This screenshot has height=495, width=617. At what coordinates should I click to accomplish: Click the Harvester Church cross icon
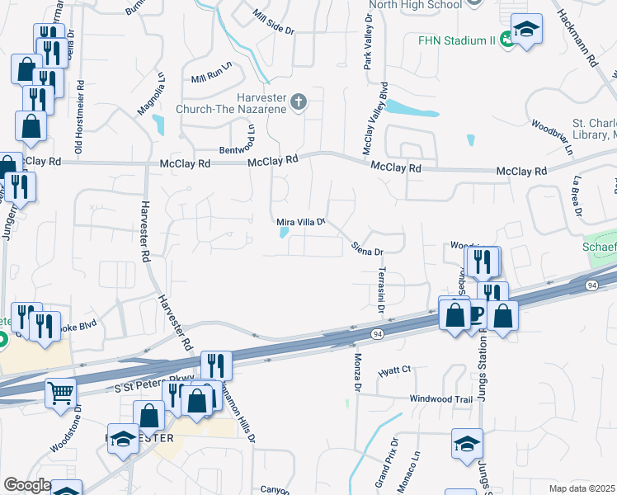(x=299, y=101)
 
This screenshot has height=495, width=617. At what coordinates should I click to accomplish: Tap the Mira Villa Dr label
(x=302, y=222)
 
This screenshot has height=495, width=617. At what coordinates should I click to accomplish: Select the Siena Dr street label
(x=368, y=247)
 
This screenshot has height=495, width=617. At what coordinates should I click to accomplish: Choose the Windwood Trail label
(x=441, y=398)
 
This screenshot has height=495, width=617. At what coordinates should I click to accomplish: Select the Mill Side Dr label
(x=274, y=23)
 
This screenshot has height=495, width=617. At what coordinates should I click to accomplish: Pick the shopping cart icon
(x=61, y=393)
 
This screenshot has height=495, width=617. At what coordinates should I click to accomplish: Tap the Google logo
(x=26, y=485)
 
